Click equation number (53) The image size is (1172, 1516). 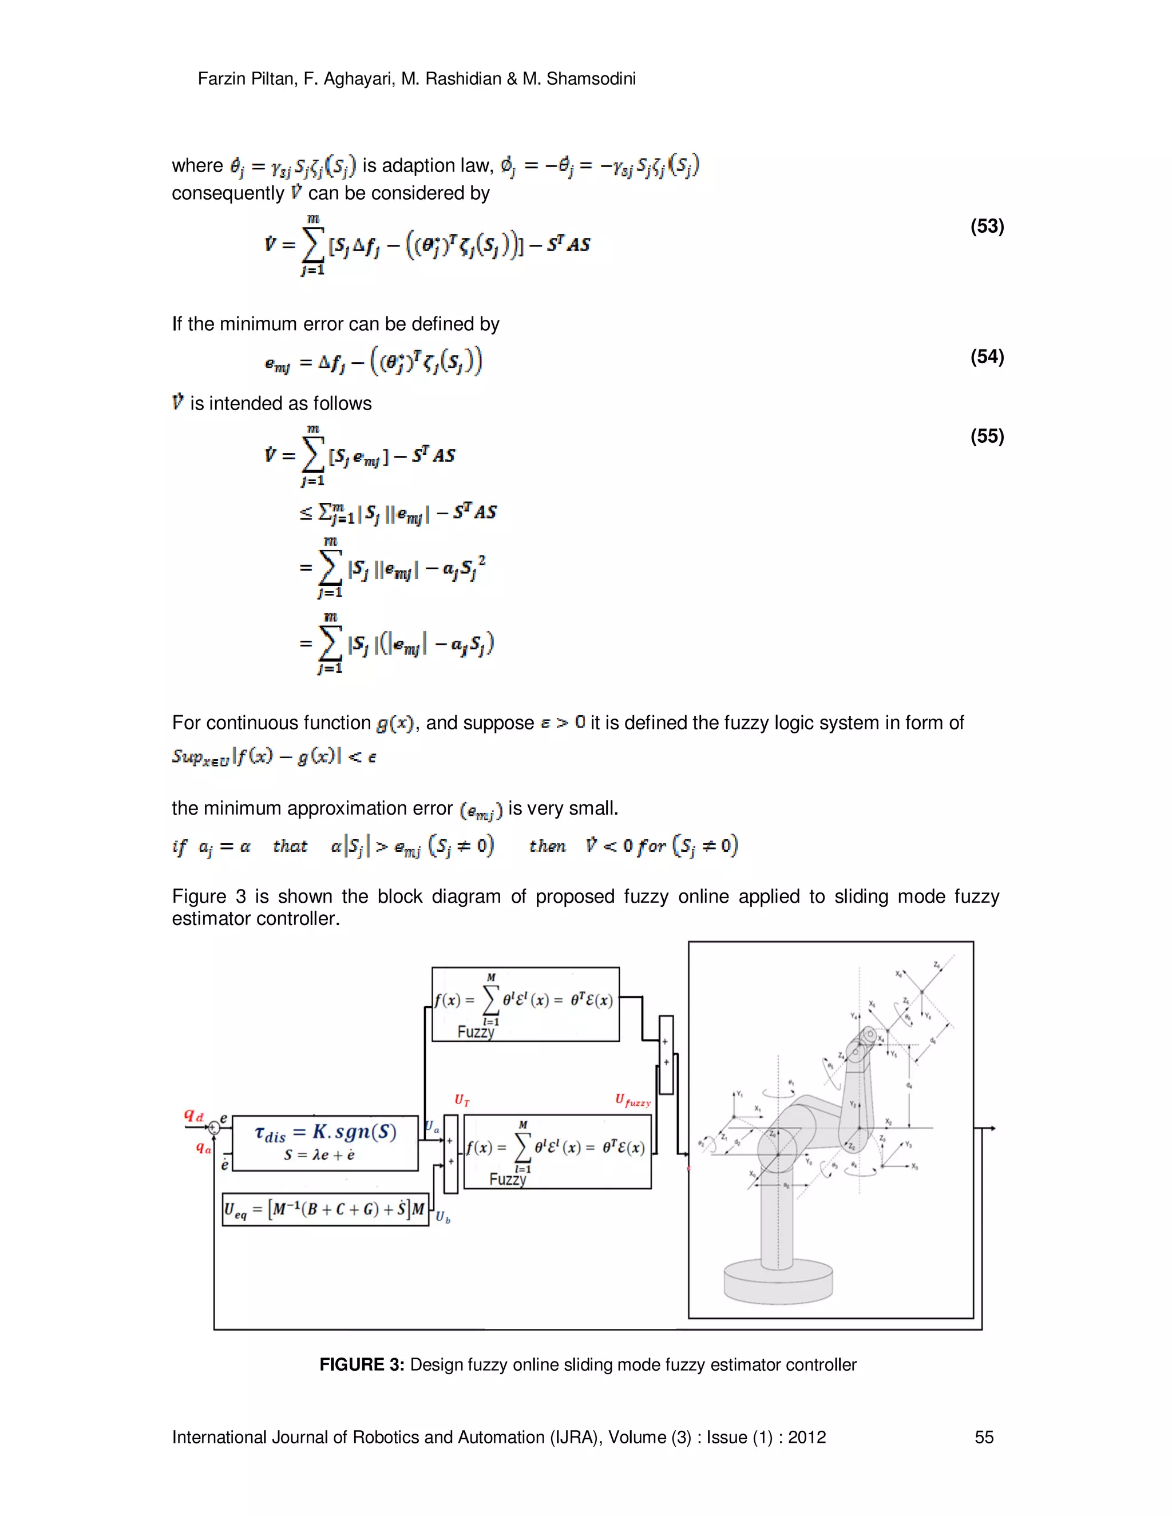pos(987,227)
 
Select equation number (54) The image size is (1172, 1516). pos(987,357)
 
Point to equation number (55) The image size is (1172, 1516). pos(987,436)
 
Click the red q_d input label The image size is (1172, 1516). pos(194,1116)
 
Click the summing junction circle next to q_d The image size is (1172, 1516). pos(215,1129)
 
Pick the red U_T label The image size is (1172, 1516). pos(462,1100)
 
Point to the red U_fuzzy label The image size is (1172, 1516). pos(632,1100)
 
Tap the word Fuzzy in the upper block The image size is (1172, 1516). pos(476,1032)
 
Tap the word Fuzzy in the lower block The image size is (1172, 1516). pos(508,1180)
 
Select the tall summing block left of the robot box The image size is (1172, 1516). pos(665,1055)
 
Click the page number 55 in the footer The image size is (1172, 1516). pos(984,1437)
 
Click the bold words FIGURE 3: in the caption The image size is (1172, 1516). pos(361,1364)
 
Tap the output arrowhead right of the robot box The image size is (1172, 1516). pos(993,1129)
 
